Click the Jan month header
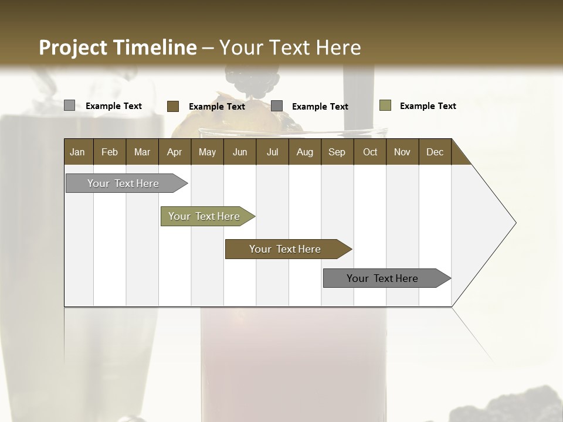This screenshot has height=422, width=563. (77, 152)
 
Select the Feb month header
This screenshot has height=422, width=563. (110, 152)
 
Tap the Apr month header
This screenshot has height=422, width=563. (174, 152)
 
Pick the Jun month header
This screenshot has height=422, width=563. (240, 152)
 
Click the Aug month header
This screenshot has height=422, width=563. (304, 152)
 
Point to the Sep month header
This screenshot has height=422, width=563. (337, 152)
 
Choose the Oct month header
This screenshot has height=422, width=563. (370, 152)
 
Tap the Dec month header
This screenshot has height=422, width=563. (435, 152)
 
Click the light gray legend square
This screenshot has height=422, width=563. (70, 105)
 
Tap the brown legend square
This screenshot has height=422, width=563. (173, 106)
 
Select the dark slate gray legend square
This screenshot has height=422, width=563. (277, 106)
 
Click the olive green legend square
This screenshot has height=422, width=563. (385, 105)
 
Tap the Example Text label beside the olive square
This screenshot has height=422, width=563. (428, 106)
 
